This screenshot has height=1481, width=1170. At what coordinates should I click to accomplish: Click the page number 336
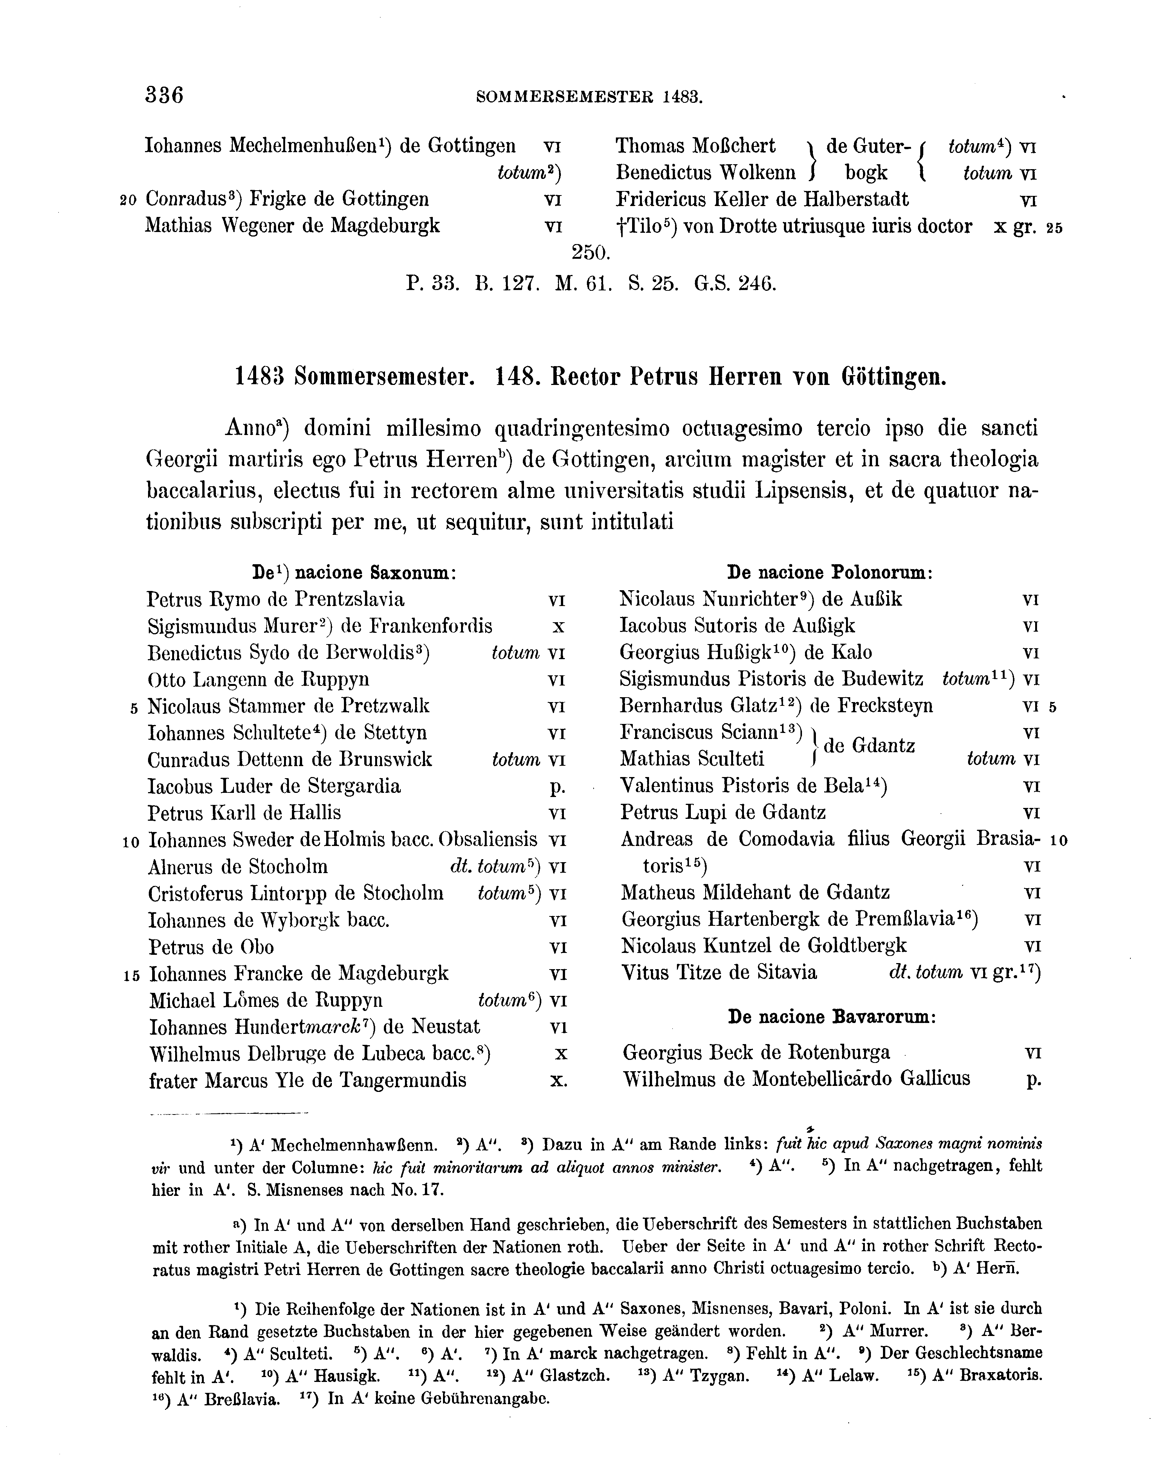tap(164, 94)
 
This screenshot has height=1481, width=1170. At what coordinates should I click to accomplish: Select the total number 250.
tap(590, 253)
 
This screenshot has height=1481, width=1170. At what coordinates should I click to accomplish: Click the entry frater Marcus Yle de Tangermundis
tap(308, 1081)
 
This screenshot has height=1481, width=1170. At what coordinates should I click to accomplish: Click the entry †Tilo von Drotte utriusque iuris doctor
tap(793, 226)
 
